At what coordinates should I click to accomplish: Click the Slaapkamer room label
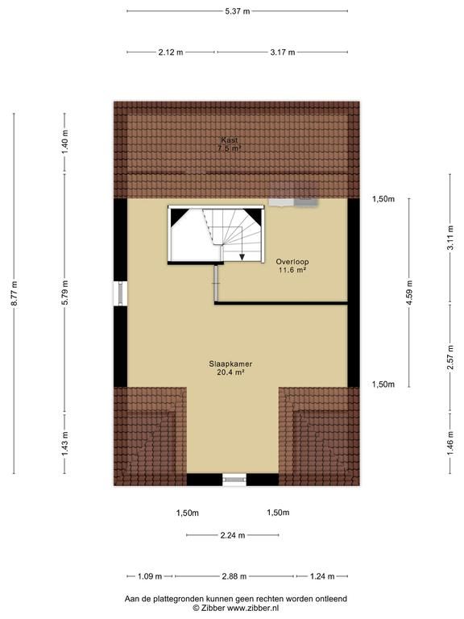click(x=231, y=364)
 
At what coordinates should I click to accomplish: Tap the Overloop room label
click(x=292, y=261)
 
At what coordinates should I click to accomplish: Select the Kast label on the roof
click(x=230, y=140)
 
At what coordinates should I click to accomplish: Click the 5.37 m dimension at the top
click(x=238, y=11)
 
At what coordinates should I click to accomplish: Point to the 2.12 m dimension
click(x=171, y=52)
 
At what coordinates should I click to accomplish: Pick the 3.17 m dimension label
click(x=283, y=52)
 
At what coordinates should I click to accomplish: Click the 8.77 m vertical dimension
click(x=14, y=293)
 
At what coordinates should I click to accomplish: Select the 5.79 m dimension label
click(x=65, y=293)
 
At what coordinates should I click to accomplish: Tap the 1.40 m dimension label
click(x=65, y=142)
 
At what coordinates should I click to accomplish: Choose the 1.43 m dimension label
click(x=65, y=444)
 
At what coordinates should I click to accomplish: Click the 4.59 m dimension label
click(x=409, y=293)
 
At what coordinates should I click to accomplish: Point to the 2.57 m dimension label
click(x=450, y=358)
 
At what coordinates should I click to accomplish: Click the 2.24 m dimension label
click(x=232, y=535)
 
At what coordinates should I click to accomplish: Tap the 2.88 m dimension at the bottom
click(x=234, y=576)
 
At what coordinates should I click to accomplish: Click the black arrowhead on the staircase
click(x=242, y=256)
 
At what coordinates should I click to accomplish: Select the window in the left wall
click(x=120, y=293)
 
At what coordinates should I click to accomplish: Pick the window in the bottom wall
click(x=234, y=480)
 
